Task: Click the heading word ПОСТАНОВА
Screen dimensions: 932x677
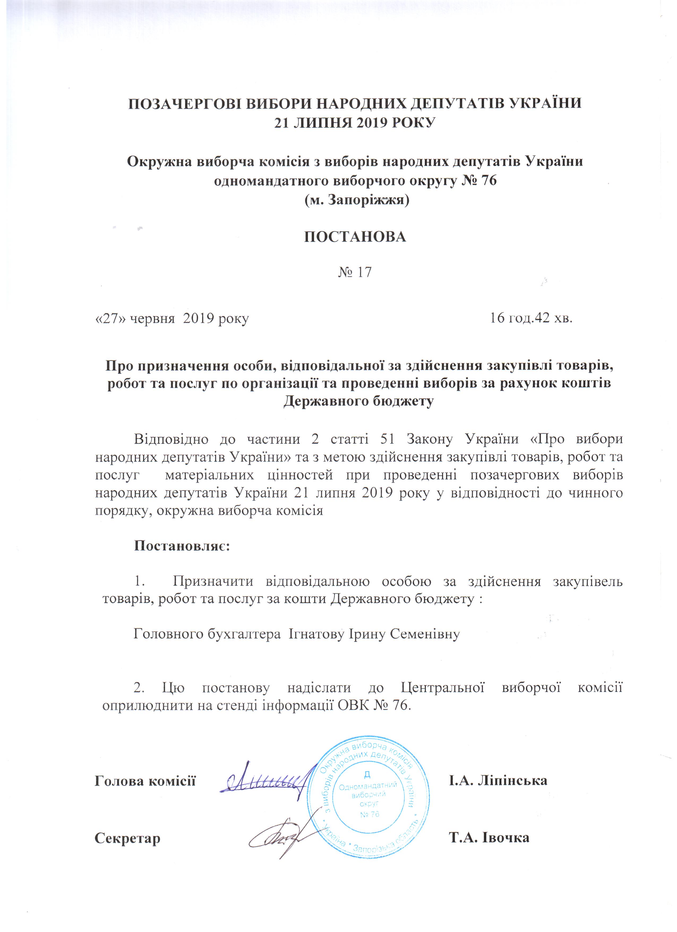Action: (355, 237)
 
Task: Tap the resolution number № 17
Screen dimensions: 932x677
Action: (355, 272)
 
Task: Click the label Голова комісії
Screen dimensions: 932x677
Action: (145, 780)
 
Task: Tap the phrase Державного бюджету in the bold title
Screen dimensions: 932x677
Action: (358, 401)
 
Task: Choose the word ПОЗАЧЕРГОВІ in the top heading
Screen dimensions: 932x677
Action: (185, 103)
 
